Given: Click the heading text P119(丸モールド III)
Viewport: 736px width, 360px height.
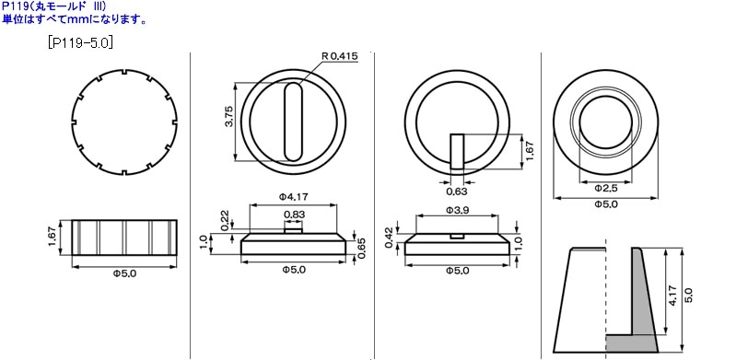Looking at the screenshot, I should [54, 6].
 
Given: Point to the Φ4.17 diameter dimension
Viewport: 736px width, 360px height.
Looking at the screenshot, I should [292, 196].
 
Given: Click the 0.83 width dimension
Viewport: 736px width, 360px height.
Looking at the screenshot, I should [293, 215].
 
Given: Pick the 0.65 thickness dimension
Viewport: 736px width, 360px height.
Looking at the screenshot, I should [362, 248].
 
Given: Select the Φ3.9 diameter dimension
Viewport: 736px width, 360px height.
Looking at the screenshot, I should [457, 211].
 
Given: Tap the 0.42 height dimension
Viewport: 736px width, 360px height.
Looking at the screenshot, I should [388, 237].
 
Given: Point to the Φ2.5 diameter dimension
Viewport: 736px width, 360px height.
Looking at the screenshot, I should [605, 187].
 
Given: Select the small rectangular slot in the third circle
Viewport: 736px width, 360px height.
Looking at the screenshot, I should [458, 150].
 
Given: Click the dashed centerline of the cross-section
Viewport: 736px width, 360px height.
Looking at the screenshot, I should [605, 295].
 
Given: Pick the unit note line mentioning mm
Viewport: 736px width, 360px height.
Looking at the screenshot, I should [73, 18].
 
